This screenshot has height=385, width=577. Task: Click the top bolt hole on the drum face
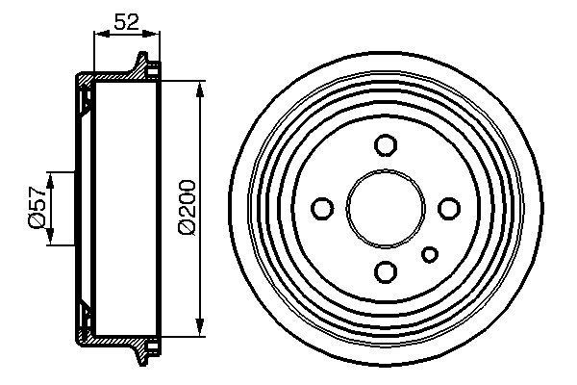click(x=386, y=145)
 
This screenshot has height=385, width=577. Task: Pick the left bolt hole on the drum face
click(x=323, y=208)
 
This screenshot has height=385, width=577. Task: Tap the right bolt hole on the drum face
click(x=448, y=208)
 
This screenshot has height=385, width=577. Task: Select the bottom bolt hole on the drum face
click(x=386, y=270)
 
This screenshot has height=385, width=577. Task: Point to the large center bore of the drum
click(x=386, y=208)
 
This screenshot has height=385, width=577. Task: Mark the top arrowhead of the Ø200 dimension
click(x=199, y=90)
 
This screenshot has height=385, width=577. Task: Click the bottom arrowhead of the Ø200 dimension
click(x=199, y=326)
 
